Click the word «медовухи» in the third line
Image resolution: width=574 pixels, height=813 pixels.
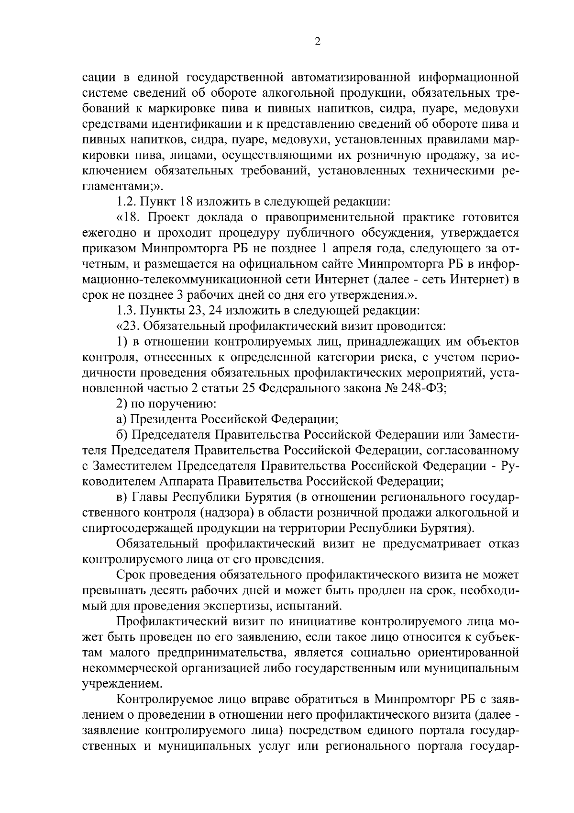tap(494, 108)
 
